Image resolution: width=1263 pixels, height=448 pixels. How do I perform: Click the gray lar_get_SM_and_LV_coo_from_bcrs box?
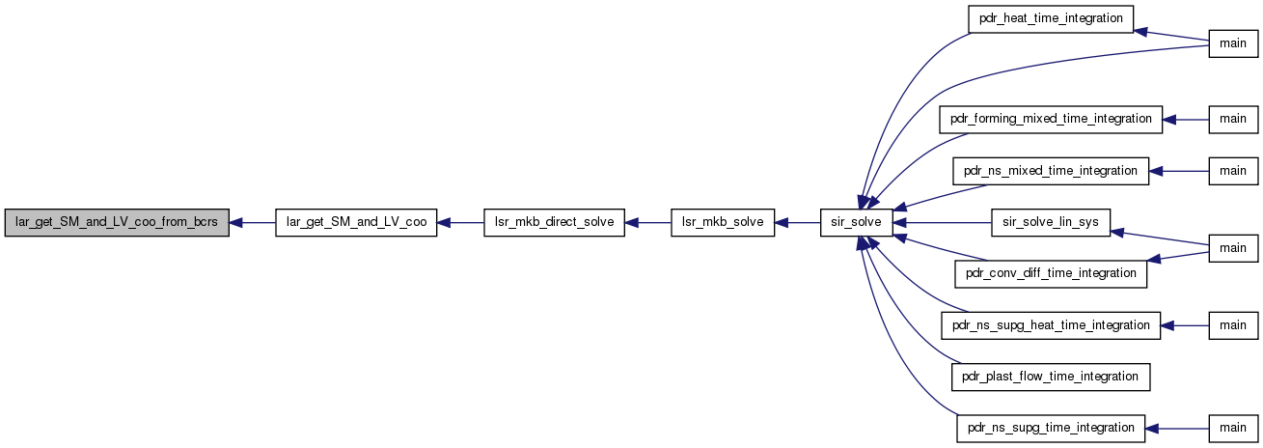(117, 222)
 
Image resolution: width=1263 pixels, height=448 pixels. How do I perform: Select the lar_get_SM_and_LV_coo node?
(356, 222)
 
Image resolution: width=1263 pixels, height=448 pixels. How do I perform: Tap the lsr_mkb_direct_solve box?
(554, 222)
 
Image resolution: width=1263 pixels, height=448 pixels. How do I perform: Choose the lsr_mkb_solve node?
(723, 222)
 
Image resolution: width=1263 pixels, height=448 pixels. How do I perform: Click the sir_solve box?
(856, 222)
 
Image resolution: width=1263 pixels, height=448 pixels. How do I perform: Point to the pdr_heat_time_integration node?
(1051, 18)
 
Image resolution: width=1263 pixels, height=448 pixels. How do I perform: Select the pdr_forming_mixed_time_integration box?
(1051, 120)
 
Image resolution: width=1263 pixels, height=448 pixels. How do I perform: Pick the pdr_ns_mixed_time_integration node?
(1051, 171)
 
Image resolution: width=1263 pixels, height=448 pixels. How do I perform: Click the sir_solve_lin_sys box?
(1051, 222)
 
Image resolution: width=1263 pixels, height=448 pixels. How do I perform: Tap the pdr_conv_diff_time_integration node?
(1051, 273)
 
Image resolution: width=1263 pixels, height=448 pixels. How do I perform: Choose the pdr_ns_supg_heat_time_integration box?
(1051, 325)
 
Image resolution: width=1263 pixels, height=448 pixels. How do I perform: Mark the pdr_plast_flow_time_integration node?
(1051, 377)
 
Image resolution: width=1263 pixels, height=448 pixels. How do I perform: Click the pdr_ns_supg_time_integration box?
(1051, 429)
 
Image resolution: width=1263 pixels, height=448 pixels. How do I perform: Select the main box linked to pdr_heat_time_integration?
(1233, 44)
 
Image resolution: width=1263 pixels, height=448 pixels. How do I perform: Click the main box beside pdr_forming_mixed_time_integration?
(1233, 120)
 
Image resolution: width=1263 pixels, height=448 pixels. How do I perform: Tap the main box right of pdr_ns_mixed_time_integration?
(1233, 171)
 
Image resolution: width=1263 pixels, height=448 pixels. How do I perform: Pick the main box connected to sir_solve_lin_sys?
(1233, 248)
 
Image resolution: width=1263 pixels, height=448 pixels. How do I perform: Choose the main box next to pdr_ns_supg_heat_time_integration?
(1233, 325)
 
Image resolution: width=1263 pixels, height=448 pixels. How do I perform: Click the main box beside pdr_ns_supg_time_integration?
(1233, 429)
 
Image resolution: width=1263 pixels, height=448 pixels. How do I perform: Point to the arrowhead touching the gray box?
(235, 223)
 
